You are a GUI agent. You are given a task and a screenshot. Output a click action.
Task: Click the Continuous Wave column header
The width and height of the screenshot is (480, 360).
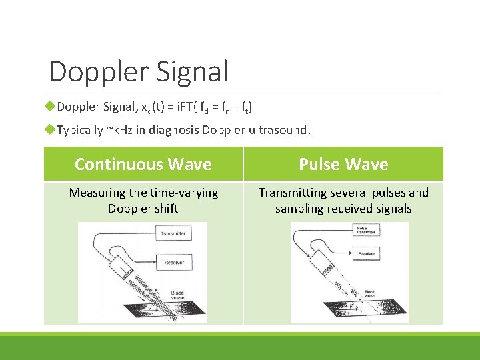click(x=143, y=164)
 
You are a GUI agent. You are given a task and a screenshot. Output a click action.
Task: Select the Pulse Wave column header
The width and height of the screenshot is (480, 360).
click(x=343, y=164)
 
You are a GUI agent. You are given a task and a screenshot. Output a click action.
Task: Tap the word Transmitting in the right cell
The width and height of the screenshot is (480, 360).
click(x=292, y=193)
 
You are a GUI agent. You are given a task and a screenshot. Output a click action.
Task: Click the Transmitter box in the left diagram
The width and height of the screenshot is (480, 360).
click(x=174, y=233)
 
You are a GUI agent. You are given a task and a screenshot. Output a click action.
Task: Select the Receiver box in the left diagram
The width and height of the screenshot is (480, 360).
click(x=174, y=263)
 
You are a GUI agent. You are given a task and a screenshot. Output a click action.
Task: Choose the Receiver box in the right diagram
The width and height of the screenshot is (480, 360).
click(x=371, y=255)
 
